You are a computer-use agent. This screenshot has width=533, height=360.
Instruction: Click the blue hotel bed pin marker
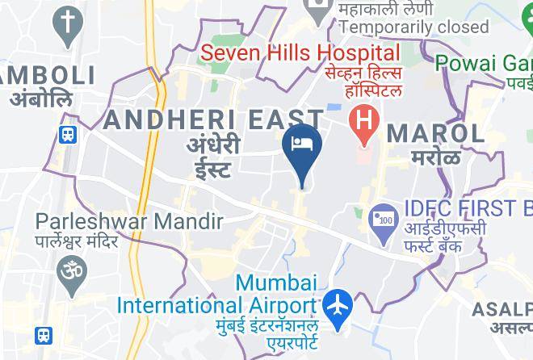(303, 146)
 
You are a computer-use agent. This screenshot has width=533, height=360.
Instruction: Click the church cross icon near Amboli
(68, 24)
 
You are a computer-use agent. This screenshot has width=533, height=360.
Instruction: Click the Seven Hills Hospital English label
(300, 54)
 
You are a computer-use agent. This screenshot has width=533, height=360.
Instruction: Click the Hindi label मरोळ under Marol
(435, 157)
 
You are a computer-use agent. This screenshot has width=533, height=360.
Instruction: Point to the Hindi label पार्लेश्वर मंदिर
(78, 241)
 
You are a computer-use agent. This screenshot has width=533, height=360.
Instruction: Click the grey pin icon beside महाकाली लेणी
(314, 9)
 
